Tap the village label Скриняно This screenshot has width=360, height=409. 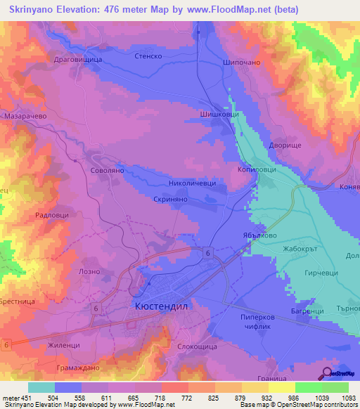tap(169, 200)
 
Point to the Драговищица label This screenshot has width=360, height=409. tap(78, 60)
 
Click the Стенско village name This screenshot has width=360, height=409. tap(148, 55)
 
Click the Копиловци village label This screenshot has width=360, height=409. tap(257, 171)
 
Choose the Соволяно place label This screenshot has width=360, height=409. tap(107, 171)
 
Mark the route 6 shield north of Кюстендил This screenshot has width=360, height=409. tap(208, 252)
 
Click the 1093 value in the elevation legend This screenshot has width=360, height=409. tap(347, 397)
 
